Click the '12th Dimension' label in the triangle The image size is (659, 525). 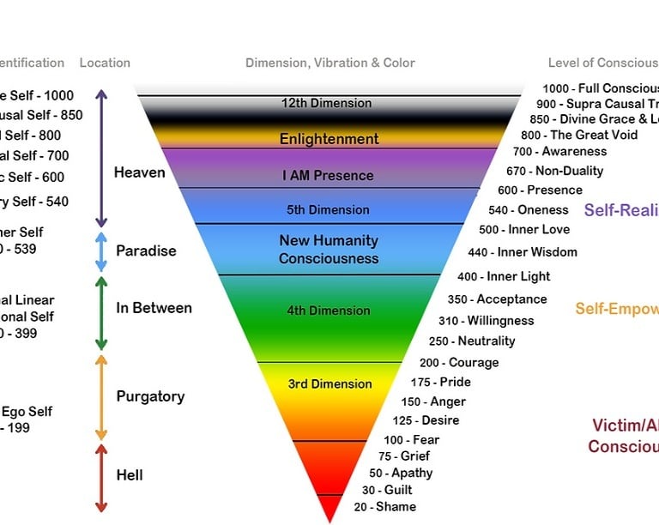326,103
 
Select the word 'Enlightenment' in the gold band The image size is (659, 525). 329,139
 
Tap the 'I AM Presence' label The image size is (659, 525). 329,175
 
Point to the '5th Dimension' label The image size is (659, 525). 329,209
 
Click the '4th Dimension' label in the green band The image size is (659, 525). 329,311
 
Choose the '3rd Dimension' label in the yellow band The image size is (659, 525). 329,383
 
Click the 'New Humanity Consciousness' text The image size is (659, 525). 329,250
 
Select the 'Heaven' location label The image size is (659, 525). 139,172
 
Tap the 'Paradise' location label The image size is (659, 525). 146,251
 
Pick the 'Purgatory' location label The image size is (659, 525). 150,396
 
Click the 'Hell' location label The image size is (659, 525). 130,475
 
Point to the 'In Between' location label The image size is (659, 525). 154,308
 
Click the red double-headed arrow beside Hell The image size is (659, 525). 101,478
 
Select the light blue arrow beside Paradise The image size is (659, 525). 101,251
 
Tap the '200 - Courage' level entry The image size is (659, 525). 459,362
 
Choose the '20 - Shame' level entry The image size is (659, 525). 384,506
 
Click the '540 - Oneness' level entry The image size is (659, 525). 529,209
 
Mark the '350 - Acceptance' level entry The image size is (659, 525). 497,299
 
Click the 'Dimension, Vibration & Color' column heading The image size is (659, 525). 330,63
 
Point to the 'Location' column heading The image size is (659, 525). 105,63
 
